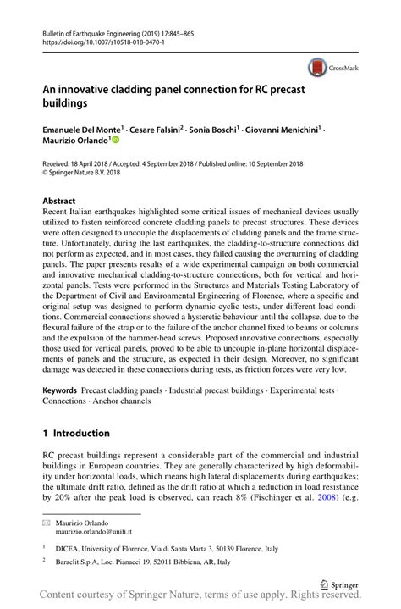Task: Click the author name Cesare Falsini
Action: pos(156,129)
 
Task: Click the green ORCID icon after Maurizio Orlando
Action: pos(115,141)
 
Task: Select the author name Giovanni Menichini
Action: pos(282,129)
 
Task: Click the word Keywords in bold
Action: pos(60,390)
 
